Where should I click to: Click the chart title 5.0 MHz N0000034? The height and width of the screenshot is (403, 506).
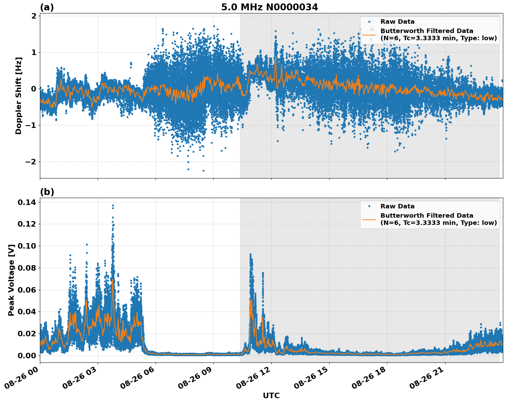tap(269, 7)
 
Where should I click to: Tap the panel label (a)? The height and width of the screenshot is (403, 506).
tap(47, 7)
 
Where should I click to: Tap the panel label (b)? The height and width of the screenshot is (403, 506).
tap(47, 192)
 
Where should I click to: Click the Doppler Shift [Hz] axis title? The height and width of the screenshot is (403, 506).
tap(19, 96)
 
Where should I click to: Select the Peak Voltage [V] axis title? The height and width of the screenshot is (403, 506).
tap(11, 280)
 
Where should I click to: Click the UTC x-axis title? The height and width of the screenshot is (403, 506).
tap(271, 395)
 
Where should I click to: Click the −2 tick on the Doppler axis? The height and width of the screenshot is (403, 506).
tap(31, 162)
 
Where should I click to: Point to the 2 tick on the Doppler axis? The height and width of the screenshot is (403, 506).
tap(34, 16)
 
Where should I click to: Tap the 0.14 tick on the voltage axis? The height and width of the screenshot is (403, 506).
tap(27, 202)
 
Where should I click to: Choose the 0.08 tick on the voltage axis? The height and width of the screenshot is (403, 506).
tap(27, 268)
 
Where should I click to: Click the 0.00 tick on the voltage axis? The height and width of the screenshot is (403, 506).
tap(27, 355)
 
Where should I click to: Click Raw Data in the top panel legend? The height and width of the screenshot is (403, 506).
tap(397, 22)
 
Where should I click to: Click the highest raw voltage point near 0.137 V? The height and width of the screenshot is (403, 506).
tap(113, 206)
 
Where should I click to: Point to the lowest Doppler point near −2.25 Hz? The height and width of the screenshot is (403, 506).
tap(203, 171)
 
